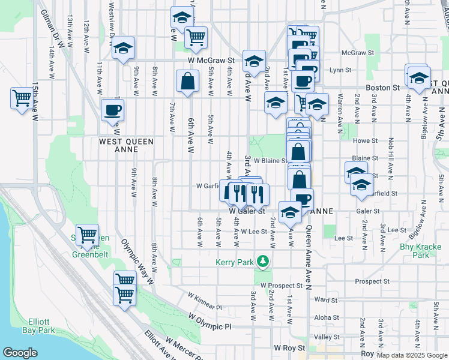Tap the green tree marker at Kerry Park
coord(262,262)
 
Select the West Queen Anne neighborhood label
coord(126,145)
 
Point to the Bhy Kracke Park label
coord(423,251)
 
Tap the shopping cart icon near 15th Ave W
coord(22,97)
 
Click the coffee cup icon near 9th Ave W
coord(112,110)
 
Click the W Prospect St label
coord(282,286)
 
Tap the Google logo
coord(20,353)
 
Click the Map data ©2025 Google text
coord(411,355)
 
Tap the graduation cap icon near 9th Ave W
coord(124,48)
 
